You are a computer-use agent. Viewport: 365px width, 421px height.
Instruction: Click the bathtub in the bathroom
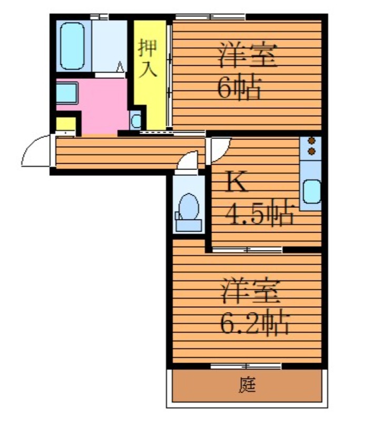click(72, 46)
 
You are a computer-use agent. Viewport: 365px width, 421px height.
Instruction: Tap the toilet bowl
click(189, 207)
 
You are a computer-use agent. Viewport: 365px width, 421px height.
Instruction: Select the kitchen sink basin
click(312, 192)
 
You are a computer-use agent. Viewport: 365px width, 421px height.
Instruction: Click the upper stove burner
click(311, 141)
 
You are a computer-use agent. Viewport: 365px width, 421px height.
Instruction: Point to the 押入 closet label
click(147, 58)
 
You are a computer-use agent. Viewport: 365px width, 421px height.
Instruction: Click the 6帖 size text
click(239, 88)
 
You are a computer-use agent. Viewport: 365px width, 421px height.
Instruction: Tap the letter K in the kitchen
click(236, 182)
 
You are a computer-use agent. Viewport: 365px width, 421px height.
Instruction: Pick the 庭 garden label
click(246, 385)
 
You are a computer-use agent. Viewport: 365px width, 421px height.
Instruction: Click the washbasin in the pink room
click(67, 93)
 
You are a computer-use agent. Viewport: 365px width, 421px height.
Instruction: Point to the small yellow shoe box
click(66, 124)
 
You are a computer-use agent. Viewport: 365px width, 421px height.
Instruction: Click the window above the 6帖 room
click(210, 17)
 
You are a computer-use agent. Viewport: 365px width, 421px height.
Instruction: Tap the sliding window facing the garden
click(246, 366)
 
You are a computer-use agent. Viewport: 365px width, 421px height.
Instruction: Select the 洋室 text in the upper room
click(246, 55)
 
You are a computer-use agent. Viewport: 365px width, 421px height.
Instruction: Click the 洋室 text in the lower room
click(250, 292)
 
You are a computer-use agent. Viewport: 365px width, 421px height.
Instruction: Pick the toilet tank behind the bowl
click(189, 225)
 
